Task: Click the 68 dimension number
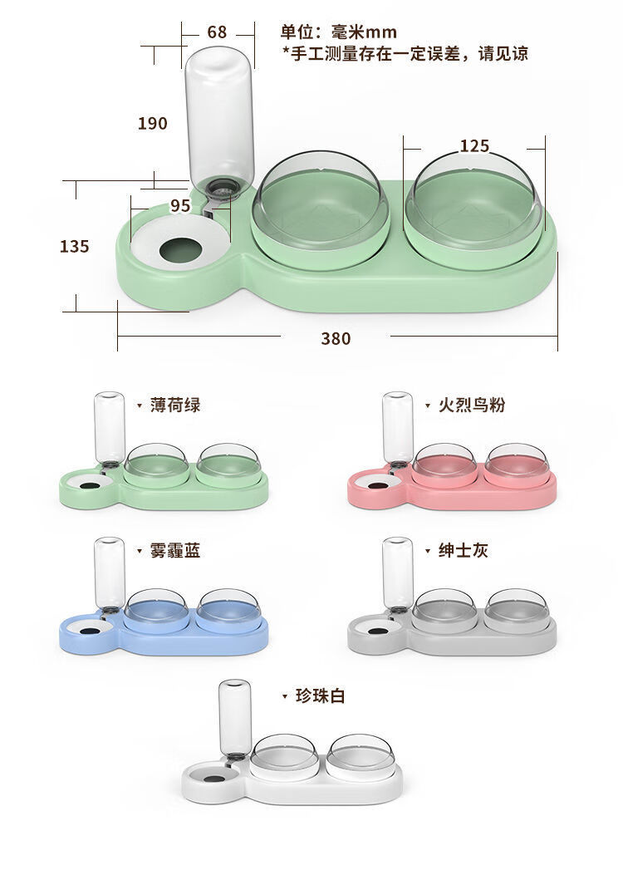tap(217, 32)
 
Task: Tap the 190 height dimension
tap(153, 123)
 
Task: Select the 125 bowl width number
tap(474, 146)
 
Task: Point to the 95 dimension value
tap(180, 206)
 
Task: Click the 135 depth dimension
tap(74, 246)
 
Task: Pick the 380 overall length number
tap(336, 338)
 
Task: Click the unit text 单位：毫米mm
tap(338, 32)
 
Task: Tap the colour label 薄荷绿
tap(175, 405)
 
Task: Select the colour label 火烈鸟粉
tap(472, 405)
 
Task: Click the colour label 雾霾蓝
tap(175, 550)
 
